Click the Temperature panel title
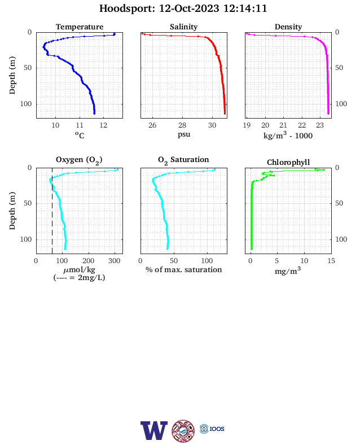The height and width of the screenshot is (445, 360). (80, 27)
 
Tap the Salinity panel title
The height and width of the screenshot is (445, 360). (184, 27)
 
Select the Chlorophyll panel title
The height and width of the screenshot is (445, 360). (288, 162)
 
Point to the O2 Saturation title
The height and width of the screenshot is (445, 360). (183, 160)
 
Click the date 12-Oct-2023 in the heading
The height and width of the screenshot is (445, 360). (189, 8)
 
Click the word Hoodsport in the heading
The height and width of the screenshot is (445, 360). (127, 8)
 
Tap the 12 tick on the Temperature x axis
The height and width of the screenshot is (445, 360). (103, 125)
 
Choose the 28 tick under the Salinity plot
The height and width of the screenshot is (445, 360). (182, 125)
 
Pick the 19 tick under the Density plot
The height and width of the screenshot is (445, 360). (247, 125)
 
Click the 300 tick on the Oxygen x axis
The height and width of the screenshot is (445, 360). (115, 261)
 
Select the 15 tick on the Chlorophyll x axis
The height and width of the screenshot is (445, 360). (331, 261)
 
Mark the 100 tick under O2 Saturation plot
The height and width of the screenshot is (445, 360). (207, 261)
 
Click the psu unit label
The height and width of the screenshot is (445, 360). (184, 134)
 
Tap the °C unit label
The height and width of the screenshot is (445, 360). (80, 135)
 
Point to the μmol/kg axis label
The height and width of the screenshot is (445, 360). (79, 269)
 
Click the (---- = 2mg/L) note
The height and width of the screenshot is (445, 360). (79, 277)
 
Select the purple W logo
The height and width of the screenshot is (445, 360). (154, 430)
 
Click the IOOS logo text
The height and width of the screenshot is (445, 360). (217, 429)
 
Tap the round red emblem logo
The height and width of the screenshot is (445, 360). (183, 431)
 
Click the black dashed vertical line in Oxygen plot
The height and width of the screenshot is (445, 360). (52, 211)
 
